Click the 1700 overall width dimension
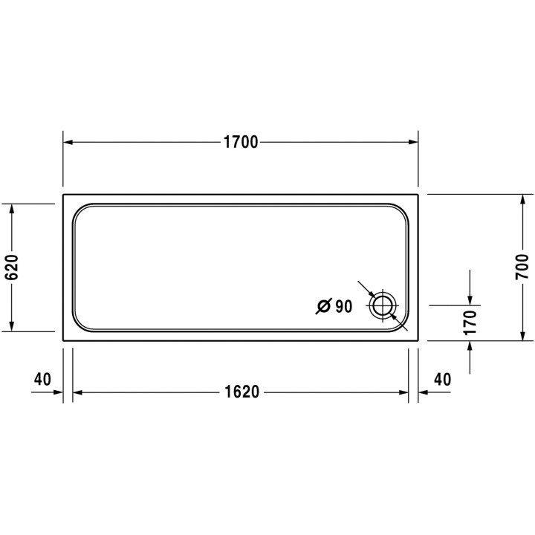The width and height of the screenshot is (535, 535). pyautogui.click(x=240, y=143)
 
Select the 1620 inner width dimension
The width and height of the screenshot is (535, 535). pyautogui.click(x=240, y=392)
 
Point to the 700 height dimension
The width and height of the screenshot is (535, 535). pyautogui.click(x=522, y=266)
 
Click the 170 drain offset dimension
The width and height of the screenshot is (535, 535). pyautogui.click(x=470, y=322)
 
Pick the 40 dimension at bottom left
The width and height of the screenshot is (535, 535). pyautogui.click(x=42, y=379)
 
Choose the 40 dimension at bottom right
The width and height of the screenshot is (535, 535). pyautogui.click(x=441, y=379)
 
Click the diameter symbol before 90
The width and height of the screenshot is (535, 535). pyautogui.click(x=323, y=305)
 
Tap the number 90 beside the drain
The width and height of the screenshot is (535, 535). pyautogui.click(x=343, y=305)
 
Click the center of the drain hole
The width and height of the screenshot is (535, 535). pyautogui.click(x=383, y=305)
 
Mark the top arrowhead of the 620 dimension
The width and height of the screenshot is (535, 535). pyautogui.click(x=11, y=209)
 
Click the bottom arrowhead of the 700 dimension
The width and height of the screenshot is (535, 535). pyautogui.click(x=522, y=334)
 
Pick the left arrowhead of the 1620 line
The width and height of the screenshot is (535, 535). pyautogui.click(x=77, y=392)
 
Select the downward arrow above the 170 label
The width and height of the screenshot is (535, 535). pyautogui.click(x=470, y=299)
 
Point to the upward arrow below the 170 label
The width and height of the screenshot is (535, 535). pyautogui.click(x=470, y=346)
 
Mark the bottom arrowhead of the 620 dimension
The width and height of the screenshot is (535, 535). pyautogui.click(x=11, y=325)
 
